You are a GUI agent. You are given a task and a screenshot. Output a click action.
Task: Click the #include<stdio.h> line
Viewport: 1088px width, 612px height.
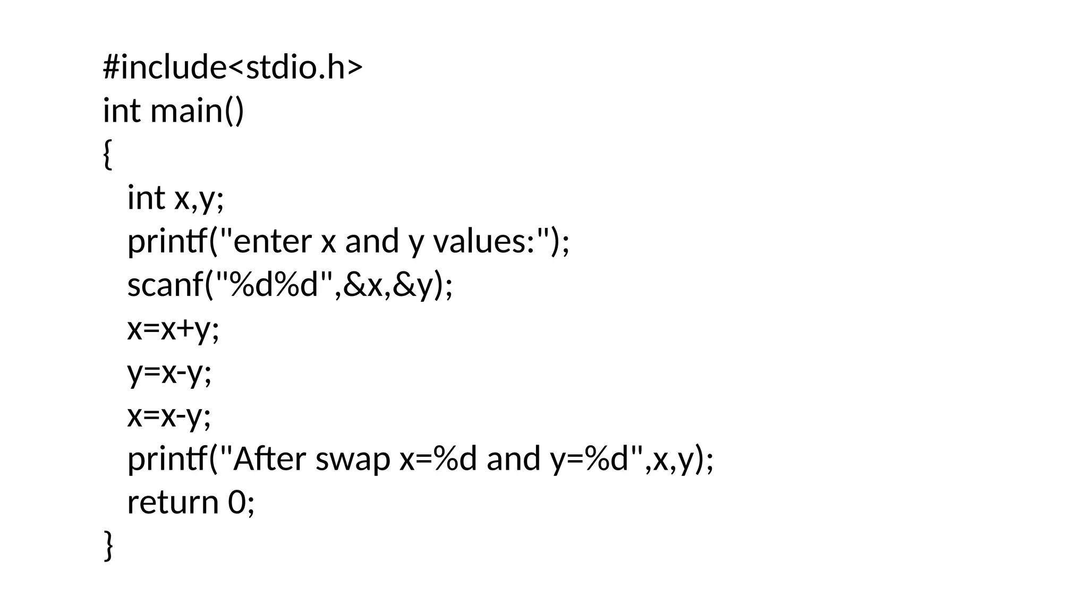pos(233,68)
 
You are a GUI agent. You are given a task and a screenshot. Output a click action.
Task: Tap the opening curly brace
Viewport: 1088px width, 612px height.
pos(107,155)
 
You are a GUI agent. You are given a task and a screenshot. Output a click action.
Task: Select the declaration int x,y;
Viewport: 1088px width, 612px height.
pos(176,198)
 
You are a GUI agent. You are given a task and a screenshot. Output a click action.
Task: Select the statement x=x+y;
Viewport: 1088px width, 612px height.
pos(173,329)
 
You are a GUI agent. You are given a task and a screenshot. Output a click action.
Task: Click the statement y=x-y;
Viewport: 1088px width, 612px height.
pos(169,372)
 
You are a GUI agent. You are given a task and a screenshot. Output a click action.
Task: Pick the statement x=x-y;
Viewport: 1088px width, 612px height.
pos(169,416)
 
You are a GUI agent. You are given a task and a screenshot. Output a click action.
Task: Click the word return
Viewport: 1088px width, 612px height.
pos(173,503)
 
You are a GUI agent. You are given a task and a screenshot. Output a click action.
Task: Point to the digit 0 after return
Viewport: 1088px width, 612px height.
pos(236,503)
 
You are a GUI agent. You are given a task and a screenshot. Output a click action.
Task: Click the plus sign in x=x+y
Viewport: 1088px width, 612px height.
pos(185,329)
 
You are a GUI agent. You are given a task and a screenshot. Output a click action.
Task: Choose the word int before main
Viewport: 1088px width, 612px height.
pos(122,111)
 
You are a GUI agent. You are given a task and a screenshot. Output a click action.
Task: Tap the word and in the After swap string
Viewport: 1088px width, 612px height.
pos(513,459)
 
